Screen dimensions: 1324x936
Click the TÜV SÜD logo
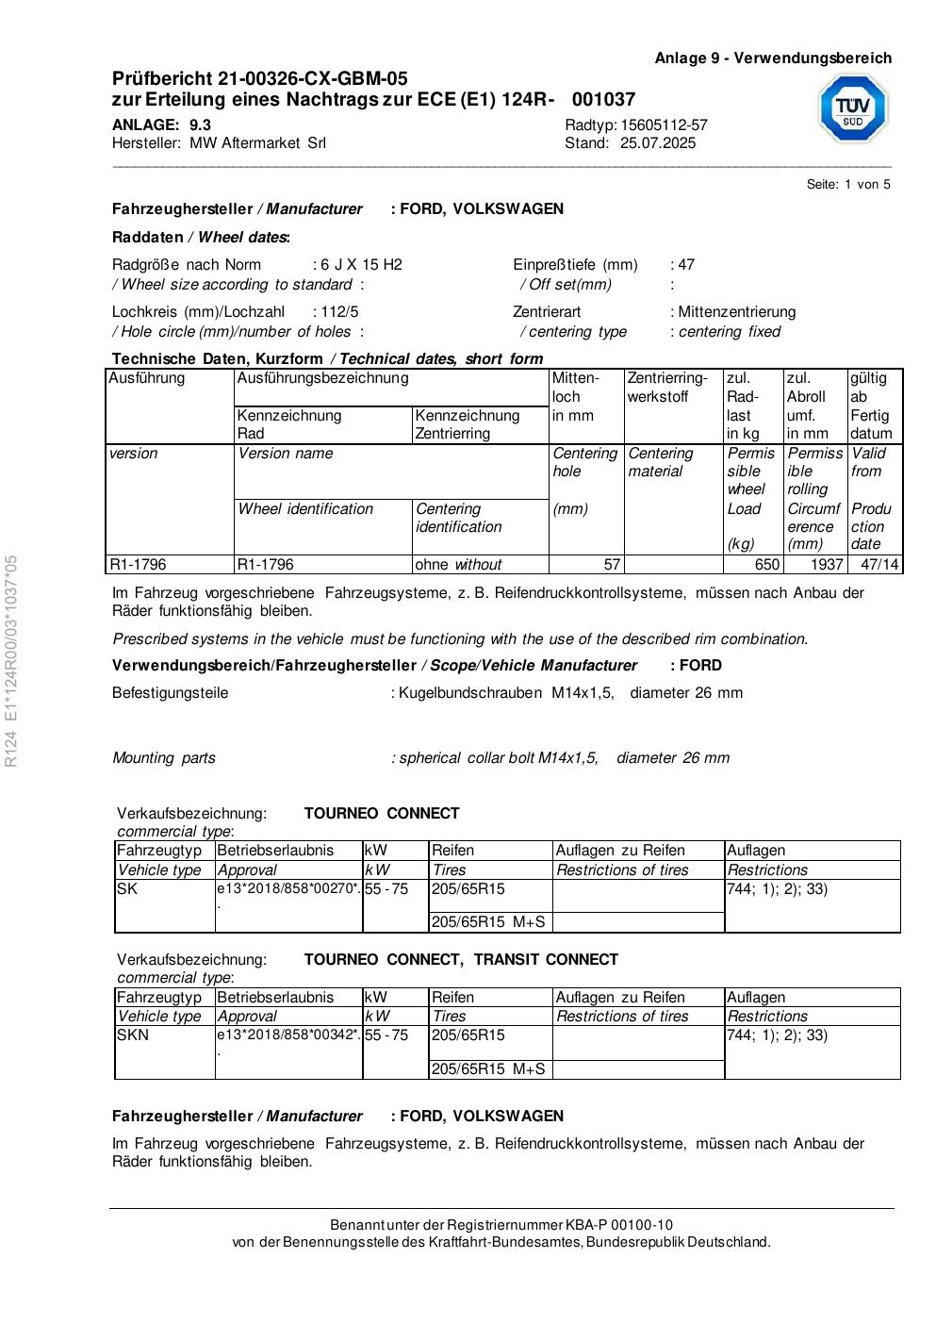coord(852,108)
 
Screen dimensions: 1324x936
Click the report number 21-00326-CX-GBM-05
coord(313,78)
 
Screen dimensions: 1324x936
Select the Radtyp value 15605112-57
coord(664,125)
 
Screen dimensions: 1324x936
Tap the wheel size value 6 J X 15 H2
coord(361,265)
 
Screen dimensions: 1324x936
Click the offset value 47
coord(686,265)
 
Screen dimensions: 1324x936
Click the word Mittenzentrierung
coord(737,312)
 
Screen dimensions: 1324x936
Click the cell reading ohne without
coord(459,565)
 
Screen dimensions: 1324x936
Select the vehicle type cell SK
coord(127,889)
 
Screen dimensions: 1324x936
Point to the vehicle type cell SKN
coord(132,1035)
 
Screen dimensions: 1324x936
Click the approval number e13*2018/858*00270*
coord(288,889)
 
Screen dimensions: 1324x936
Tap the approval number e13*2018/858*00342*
coord(288,1035)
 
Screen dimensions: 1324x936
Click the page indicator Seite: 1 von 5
coord(848,185)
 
